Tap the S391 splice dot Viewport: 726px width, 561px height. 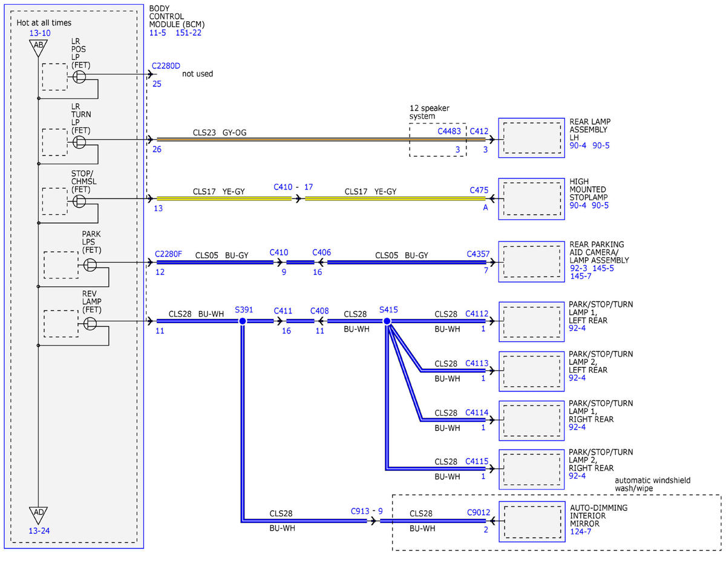[243, 321]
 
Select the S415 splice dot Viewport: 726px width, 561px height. [387, 321]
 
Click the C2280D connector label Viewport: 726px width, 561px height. [166, 66]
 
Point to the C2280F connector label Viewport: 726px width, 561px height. [168, 254]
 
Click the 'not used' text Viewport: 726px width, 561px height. [197, 73]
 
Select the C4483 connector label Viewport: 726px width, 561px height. [449, 131]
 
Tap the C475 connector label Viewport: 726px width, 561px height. [479, 190]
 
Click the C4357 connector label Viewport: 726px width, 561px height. [478, 254]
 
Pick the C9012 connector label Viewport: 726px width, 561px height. [479, 512]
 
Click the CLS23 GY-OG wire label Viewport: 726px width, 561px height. [220, 133]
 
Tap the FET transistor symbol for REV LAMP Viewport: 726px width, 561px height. [90, 323]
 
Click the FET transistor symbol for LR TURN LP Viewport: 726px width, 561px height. [79, 142]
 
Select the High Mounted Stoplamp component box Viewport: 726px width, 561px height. [532, 199]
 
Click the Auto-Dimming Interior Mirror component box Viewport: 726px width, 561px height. [532, 522]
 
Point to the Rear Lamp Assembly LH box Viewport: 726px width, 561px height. [532, 137]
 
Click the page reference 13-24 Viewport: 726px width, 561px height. [39, 531]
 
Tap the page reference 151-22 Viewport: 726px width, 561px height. [188, 33]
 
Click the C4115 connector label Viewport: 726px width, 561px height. [477, 461]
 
